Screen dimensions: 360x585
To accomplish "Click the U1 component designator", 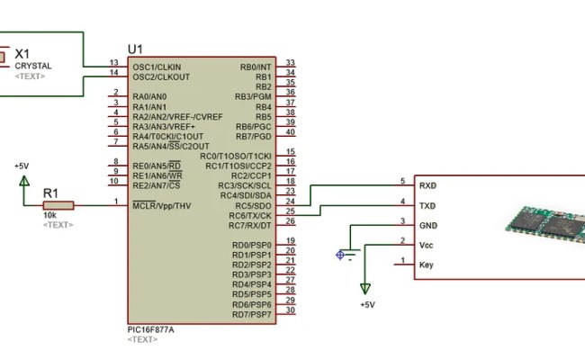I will pos(135,49).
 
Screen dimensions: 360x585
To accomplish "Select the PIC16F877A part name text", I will pos(152,329).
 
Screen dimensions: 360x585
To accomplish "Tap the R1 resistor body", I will pos(58,205).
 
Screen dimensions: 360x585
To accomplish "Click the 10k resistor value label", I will pos(50,216).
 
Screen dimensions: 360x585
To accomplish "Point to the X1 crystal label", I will pos(22,55).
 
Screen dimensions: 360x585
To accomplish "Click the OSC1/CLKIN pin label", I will pos(157,67).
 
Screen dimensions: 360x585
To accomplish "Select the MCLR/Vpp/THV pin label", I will pos(161,205).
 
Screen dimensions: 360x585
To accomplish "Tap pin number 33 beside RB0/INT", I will pos(290,63).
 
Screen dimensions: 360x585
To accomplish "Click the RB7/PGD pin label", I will pos(254,136).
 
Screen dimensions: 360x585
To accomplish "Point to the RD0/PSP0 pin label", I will pos(251,245).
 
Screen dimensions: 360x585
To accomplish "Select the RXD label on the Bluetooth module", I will pos(428,184).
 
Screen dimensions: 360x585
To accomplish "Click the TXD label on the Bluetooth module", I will pos(428,205).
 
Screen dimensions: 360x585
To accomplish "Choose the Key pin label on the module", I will pos(427,265).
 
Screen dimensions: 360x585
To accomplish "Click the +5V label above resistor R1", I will pos(22,166).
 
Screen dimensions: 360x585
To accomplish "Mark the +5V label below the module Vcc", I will pos(366,305).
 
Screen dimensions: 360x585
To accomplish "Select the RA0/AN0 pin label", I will pos(149,96).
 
